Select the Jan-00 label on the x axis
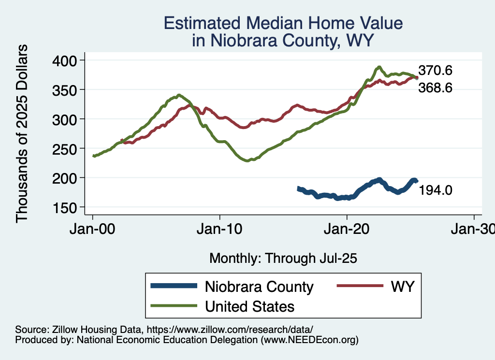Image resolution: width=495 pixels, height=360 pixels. pos(93,229)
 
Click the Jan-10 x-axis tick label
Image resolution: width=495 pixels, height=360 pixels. pos(220,229)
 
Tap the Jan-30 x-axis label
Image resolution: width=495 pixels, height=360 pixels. pos(473,229)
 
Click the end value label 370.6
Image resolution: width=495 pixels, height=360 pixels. pos(435,71)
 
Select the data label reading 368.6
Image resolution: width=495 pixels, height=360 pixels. pos(435,88)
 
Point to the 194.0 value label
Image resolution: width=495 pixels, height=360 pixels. pos(435,190)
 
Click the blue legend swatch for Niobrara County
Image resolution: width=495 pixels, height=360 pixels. pos(174,286)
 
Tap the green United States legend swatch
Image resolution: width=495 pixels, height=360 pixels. pos(174,305)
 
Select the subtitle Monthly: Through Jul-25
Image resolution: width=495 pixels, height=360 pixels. pos(283,259)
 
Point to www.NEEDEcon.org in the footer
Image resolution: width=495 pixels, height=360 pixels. pos(309,340)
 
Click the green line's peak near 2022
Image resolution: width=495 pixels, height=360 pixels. pos(379,67)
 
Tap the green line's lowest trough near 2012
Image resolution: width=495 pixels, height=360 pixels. pos(247,160)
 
